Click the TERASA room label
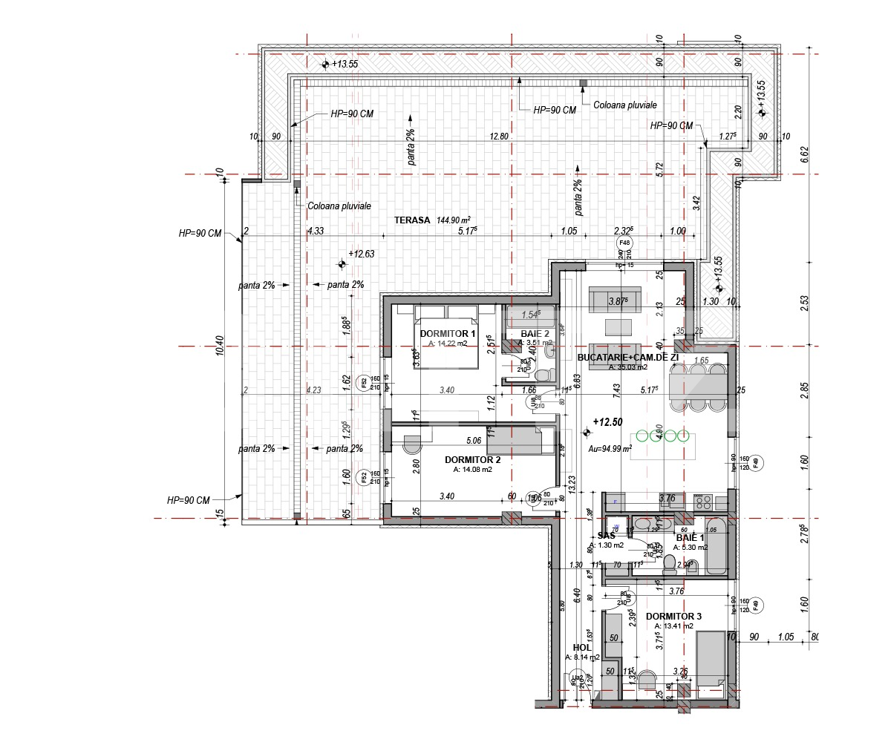click(x=411, y=220)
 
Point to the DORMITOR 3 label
click(x=673, y=617)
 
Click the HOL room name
click(x=581, y=648)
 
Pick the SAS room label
click(x=607, y=536)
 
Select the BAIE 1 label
click(x=690, y=537)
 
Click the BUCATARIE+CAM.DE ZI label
click(x=627, y=357)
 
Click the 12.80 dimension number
click(x=499, y=137)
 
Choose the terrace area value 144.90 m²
click(x=454, y=220)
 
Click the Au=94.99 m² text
click(x=610, y=449)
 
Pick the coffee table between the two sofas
click(x=615, y=326)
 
